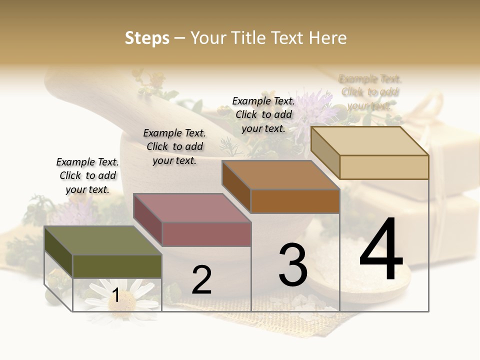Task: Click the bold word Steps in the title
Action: point(147,38)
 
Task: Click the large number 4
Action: point(381,249)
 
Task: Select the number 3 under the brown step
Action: point(293,265)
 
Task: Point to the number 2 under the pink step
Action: point(201,280)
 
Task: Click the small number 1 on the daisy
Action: point(115,296)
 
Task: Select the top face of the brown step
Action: point(280,175)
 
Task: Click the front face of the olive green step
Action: point(117,266)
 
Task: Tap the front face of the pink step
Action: point(206,234)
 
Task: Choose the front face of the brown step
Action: point(295,201)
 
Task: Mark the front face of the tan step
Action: point(384,167)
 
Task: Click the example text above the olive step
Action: point(87,175)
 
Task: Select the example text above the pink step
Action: point(174,146)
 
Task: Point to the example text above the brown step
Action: point(263,114)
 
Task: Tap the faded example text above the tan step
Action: point(370,92)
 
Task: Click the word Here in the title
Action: point(328,38)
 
